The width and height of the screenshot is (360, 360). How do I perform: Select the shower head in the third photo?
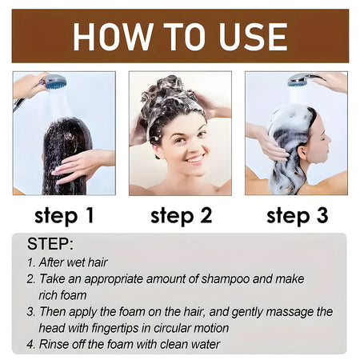[x=300, y=80]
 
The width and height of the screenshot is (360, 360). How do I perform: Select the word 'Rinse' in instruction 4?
[x=58, y=344]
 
